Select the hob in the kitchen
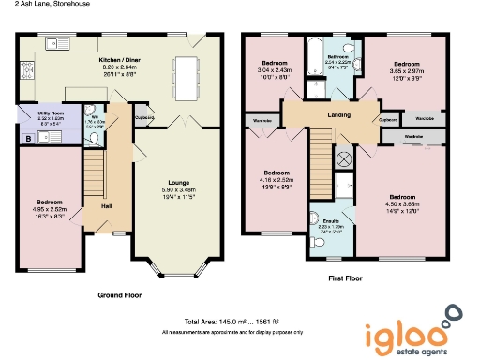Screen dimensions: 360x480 click(25, 69)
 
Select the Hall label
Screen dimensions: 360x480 click(107, 205)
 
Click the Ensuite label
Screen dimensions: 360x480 click(332, 221)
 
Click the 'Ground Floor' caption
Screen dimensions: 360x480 click(119, 294)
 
